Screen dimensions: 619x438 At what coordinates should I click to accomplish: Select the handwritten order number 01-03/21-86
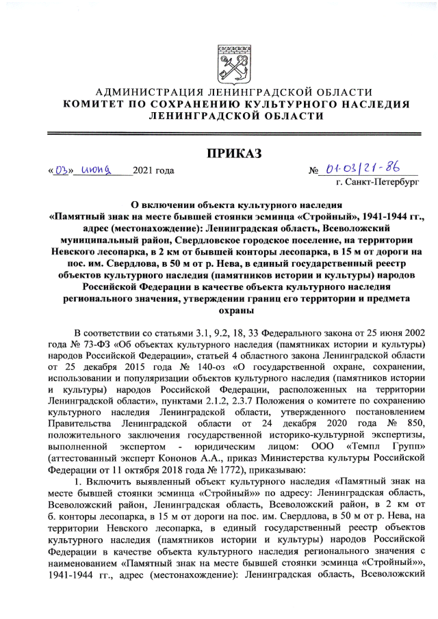click(x=363, y=168)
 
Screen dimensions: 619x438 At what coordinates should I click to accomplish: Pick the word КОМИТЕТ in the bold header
click(x=90, y=105)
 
